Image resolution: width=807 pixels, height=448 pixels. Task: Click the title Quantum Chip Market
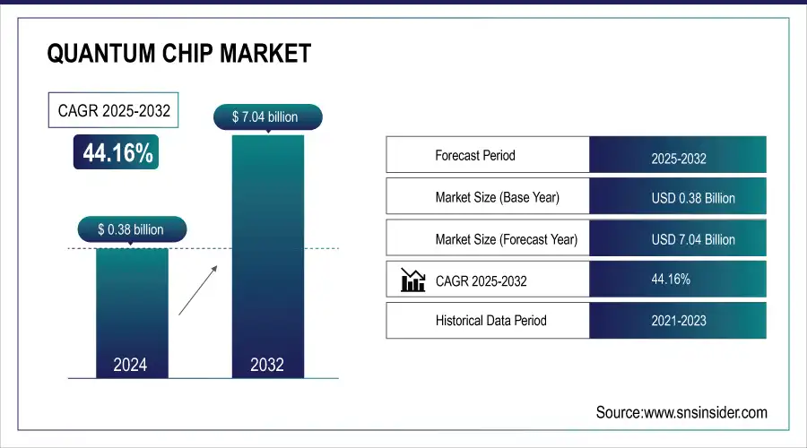pyautogui.click(x=178, y=53)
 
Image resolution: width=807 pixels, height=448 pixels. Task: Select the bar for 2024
pyautogui.click(x=131, y=305)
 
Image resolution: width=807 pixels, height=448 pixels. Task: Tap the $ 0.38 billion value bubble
pyautogui.click(x=131, y=229)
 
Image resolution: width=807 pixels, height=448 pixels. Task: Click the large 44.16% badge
pyautogui.click(x=117, y=153)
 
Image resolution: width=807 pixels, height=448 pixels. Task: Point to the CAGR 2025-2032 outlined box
pyautogui.click(x=113, y=112)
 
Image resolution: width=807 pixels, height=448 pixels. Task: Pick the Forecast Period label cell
pyautogui.click(x=488, y=155)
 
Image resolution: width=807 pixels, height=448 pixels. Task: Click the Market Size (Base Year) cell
pyautogui.click(x=488, y=197)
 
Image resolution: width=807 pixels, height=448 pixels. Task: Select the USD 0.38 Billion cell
pyautogui.click(x=678, y=197)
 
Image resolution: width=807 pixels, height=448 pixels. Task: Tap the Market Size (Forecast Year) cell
pyautogui.click(x=488, y=239)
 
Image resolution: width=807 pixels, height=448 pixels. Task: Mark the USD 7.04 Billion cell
pyautogui.click(x=678, y=239)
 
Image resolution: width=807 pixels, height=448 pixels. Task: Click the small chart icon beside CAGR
pyautogui.click(x=413, y=280)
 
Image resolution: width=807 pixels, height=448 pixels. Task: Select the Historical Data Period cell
pyautogui.click(x=488, y=320)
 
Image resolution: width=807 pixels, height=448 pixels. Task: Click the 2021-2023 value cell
pyautogui.click(x=678, y=320)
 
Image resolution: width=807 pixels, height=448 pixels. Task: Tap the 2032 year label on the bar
pyautogui.click(x=267, y=365)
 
